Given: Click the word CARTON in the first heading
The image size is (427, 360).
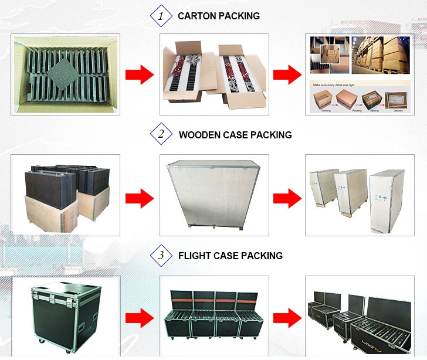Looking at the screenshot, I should pyautogui.click(x=196, y=16).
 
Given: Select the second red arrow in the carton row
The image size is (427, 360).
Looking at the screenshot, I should pyautogui.click(x=287, y=74).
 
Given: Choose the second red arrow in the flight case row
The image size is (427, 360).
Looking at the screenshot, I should pyautogui.click(x=287, y=317).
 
